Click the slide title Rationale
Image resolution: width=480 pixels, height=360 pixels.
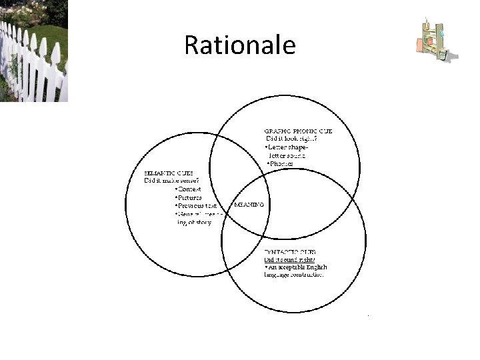[x=239, y=45]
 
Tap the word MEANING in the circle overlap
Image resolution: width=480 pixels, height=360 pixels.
[x=249, y=205]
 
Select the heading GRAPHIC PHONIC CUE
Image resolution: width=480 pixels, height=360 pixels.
[x=298, y=131]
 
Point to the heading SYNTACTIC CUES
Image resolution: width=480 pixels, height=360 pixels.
[x=295, y=251]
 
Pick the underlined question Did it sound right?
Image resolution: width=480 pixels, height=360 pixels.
[x=290, y=259]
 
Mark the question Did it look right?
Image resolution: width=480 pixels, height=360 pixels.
[x=292, y=139]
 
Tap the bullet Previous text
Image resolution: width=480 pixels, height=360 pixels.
[x=196, y=206]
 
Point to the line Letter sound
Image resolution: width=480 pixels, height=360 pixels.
[x=287, y=155]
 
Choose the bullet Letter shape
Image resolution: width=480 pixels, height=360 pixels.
[x=287, y=147]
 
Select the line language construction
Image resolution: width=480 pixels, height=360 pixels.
[x=294, y=275]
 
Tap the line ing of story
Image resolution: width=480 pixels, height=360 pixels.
[x=194, y=223]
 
